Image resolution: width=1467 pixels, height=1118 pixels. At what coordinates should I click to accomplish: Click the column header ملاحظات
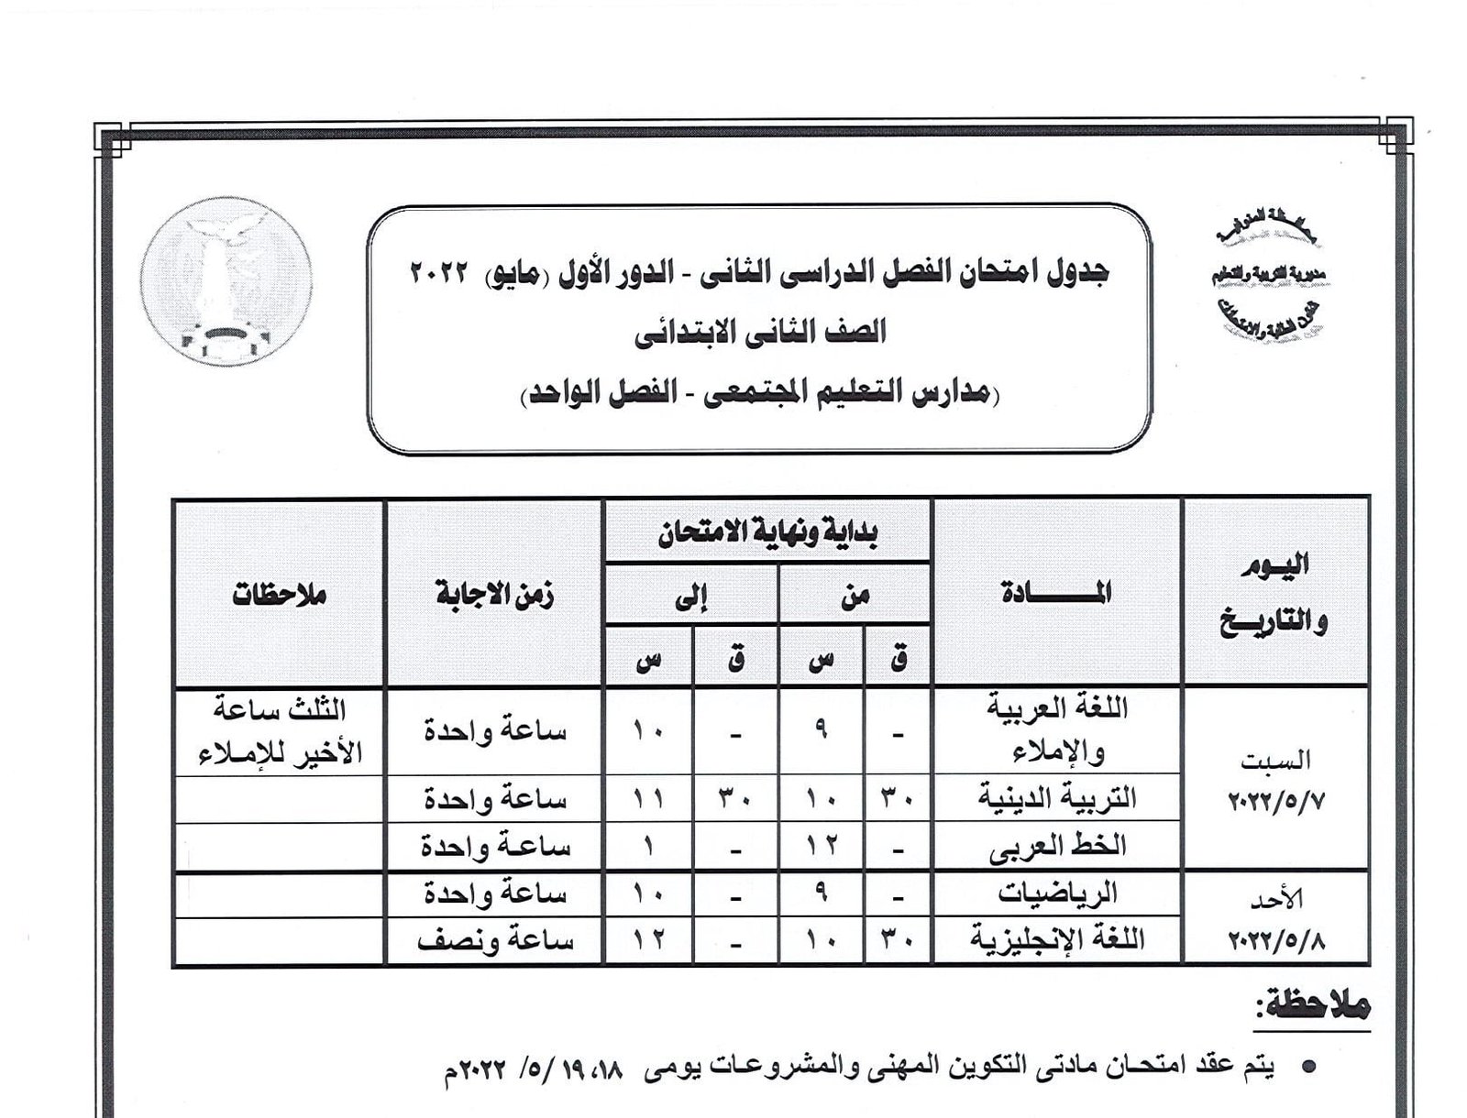pyautogui.click(x=279, y=595)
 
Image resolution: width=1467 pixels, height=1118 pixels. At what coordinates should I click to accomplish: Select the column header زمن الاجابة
pyautogui.click(x=494, y=595)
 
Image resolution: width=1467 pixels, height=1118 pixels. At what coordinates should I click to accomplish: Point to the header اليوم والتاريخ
pyautogui.click(x=1274, y=593)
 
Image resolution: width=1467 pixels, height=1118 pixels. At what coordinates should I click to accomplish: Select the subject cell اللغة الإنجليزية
pyautogui.click(x=1057, y=940)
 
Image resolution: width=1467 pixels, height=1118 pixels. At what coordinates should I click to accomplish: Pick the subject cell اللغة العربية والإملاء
pyautogui.click(x=1058, y=730)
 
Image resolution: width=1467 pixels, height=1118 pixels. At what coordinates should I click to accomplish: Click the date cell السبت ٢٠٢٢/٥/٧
pyautogui.click(x=1274, y=780)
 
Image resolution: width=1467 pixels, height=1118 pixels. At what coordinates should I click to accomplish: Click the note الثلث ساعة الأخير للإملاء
pyautogui.click(x=279, y=730)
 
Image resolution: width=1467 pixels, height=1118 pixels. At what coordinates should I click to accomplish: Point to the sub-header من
pyautogui.click(x=855, y=596)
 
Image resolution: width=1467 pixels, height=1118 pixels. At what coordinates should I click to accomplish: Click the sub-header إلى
pyautogui.click(x=690, y=596)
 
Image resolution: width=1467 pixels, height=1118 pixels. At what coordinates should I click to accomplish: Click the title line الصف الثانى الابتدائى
pyautogui.click(x=760, y=332)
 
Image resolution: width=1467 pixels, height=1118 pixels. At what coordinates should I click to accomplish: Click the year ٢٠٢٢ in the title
pyautogui.click(x=439, y=272)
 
